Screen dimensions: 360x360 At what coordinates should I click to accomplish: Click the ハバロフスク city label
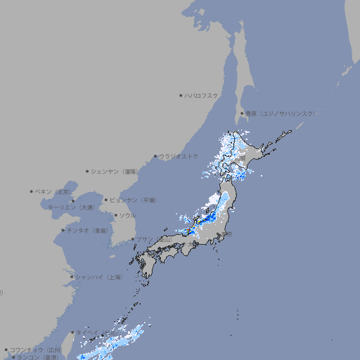pos(202,95)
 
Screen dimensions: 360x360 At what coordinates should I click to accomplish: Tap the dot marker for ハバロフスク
pos(181,95)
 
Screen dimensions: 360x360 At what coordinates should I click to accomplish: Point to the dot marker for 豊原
pos(242,113)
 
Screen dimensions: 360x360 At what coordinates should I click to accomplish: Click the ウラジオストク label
pos(179,156)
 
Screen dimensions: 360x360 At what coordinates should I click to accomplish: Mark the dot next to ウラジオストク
pos(156,157)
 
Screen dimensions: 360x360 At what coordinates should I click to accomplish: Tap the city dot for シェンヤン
pos(87,171)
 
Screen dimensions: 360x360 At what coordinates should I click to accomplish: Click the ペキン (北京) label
pos(54,191)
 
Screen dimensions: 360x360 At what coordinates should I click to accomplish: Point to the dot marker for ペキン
pos(32,191)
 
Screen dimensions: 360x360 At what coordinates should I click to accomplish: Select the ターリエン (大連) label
pos(71,207)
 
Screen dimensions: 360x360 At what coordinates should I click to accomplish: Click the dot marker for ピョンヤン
pos(106,200)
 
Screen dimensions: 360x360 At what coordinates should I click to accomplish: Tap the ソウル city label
pos(127,215)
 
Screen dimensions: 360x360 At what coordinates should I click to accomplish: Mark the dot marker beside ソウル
pos(115,215)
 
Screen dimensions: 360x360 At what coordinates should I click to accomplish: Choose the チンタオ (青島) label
pos(88,230)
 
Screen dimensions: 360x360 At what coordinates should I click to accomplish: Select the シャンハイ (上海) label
pos(98,277)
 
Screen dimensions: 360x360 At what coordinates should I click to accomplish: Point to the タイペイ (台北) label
pos(89,332)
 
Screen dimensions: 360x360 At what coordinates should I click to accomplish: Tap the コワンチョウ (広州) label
pos(35,349)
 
